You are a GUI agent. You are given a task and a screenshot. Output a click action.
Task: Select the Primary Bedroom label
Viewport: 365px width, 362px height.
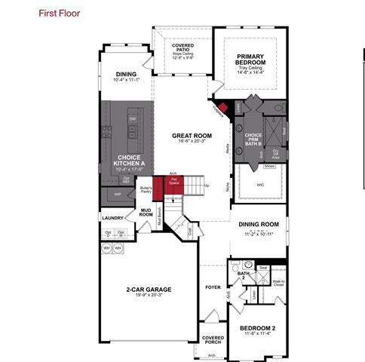tap(249, 60)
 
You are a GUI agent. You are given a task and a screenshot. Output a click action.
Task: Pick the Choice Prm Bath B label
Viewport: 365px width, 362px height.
tap(254, 139)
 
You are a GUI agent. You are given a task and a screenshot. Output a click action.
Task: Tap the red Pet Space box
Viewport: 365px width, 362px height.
tap(173, 182)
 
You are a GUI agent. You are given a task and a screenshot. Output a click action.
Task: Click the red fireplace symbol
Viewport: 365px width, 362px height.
tap(222, 106)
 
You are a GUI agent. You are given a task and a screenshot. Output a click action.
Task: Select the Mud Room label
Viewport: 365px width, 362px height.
tap(146, 213)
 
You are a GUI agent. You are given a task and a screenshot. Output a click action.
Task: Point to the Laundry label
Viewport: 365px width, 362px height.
tap(112, 218)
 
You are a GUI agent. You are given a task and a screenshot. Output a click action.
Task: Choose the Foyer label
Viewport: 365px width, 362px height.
tap(213, 287)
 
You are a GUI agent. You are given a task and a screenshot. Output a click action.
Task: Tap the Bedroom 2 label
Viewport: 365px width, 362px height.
tap(258, 330)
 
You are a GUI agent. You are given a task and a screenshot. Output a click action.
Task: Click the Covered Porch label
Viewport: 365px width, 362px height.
tap(213, 340)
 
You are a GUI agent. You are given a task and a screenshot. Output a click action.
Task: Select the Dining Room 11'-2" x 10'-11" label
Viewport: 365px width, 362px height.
tap(259, 224)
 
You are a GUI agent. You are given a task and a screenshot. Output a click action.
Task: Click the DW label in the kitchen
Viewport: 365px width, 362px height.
tap(132, 120)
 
